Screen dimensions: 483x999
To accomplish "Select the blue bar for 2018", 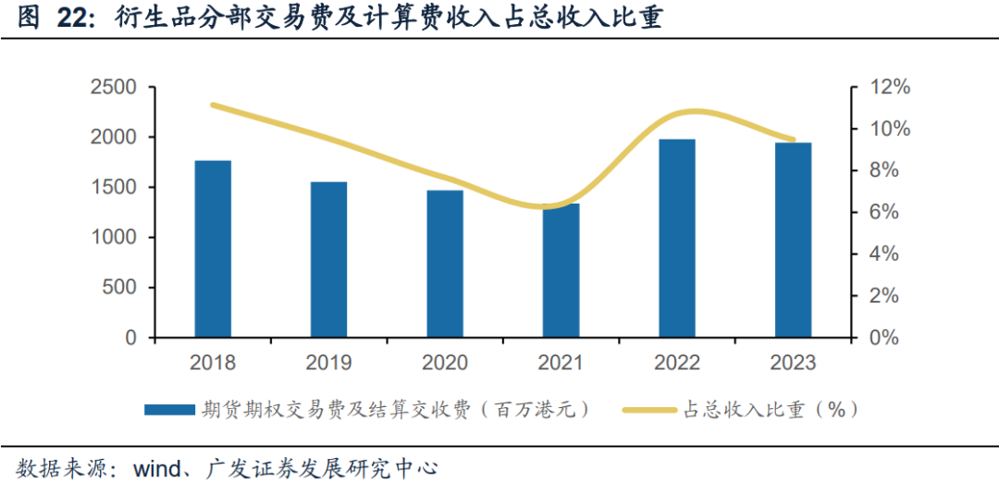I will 213,249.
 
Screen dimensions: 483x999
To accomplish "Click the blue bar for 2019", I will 328,259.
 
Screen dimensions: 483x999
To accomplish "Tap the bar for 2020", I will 445,264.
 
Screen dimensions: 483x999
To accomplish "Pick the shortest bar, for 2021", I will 561,270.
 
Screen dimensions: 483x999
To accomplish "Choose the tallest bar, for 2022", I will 677,238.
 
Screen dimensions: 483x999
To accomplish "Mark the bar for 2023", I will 793,240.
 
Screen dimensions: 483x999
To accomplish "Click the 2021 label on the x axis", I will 561,363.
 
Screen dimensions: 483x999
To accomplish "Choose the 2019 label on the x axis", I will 328,363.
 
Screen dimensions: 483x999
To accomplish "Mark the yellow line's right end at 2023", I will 793,140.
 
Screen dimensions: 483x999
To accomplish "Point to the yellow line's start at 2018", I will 214,105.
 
